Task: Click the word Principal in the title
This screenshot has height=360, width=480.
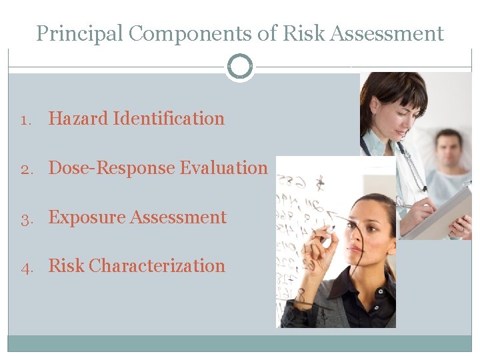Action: point(80,33)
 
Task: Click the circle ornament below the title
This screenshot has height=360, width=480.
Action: point(240,67)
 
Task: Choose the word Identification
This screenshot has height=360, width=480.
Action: point(169,119)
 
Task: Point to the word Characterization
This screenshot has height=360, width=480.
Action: point(157,266)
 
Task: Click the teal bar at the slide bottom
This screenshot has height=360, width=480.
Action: point(240,343)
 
